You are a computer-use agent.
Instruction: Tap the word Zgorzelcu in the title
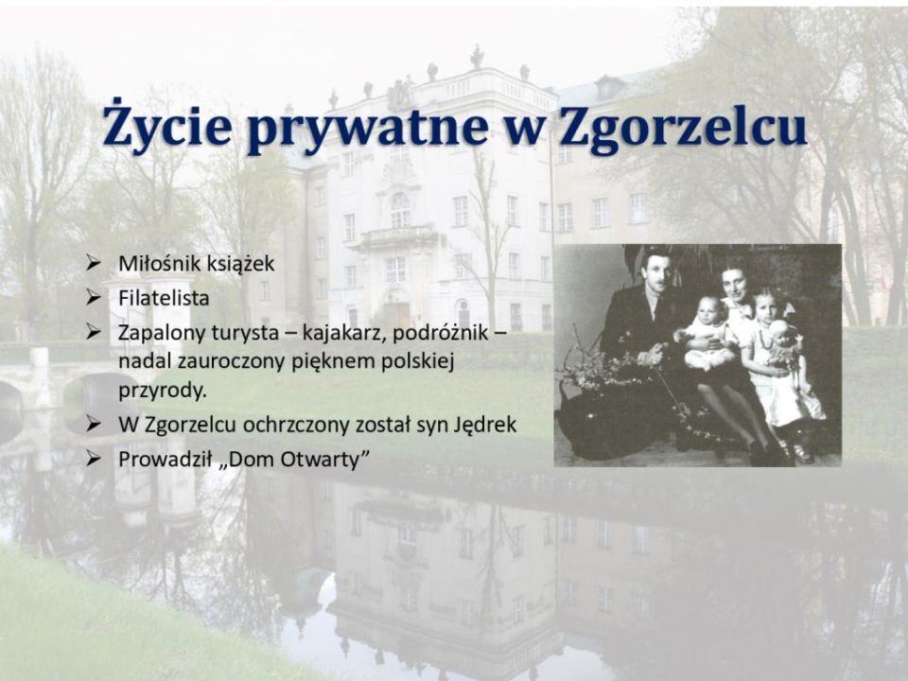click(683, 126)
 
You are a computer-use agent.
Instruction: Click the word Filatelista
click(164, 298)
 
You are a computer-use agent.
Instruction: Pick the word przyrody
click(163, 392)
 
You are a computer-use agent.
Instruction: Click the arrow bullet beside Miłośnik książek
click(94, 264)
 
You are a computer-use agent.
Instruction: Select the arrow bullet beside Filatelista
click(94, 298)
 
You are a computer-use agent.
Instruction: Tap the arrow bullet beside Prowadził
click(94, 460)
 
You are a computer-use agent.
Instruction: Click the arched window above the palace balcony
click(400, 209)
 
